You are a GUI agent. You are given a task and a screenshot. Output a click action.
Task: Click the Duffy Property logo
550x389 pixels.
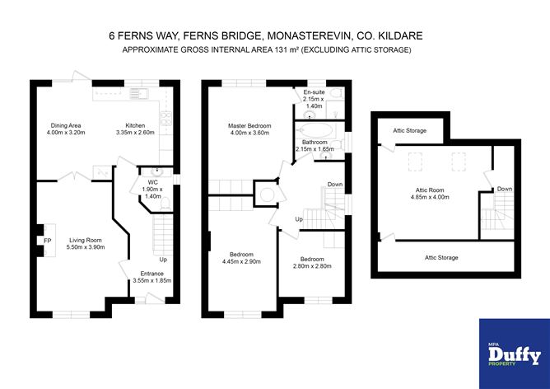coord(515,354)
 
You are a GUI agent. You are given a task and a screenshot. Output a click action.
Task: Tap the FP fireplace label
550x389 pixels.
coord(48,241)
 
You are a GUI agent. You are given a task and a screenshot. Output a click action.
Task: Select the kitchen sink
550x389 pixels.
coord(139,94)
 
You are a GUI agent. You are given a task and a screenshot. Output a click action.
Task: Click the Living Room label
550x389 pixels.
coord(86,240)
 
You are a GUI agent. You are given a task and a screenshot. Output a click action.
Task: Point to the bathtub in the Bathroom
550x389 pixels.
coord(317,130)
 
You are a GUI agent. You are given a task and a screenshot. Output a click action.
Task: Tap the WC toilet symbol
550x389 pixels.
coord(165,204)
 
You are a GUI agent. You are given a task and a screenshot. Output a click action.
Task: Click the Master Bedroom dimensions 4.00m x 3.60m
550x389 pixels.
coord(249,133)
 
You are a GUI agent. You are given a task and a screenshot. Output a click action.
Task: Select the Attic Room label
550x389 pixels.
coord(430,190)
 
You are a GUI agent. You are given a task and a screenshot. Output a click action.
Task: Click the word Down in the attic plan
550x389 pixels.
coord(505,189)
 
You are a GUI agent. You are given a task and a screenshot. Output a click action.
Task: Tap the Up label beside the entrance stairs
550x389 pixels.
coord(163,260)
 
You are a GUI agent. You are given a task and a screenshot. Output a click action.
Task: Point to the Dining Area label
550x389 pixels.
coord(66,125)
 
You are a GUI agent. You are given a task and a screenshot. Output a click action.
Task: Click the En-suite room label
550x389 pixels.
coord(314,92)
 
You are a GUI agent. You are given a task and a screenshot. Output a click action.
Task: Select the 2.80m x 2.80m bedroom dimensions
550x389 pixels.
coord(312,266)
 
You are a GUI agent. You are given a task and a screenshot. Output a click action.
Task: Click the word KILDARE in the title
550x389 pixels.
coord(403,35)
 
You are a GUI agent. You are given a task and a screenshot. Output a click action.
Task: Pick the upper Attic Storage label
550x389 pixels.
coord(410,130)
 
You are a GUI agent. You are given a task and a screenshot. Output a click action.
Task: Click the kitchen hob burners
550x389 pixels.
coord(165,119)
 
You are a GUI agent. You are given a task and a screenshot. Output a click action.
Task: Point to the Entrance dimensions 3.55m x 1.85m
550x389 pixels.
coord(152,280)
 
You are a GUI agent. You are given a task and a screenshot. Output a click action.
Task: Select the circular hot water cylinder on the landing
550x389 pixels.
coord(267,194)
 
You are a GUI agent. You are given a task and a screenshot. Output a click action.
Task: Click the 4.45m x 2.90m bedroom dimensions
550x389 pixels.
coord(241,261)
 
